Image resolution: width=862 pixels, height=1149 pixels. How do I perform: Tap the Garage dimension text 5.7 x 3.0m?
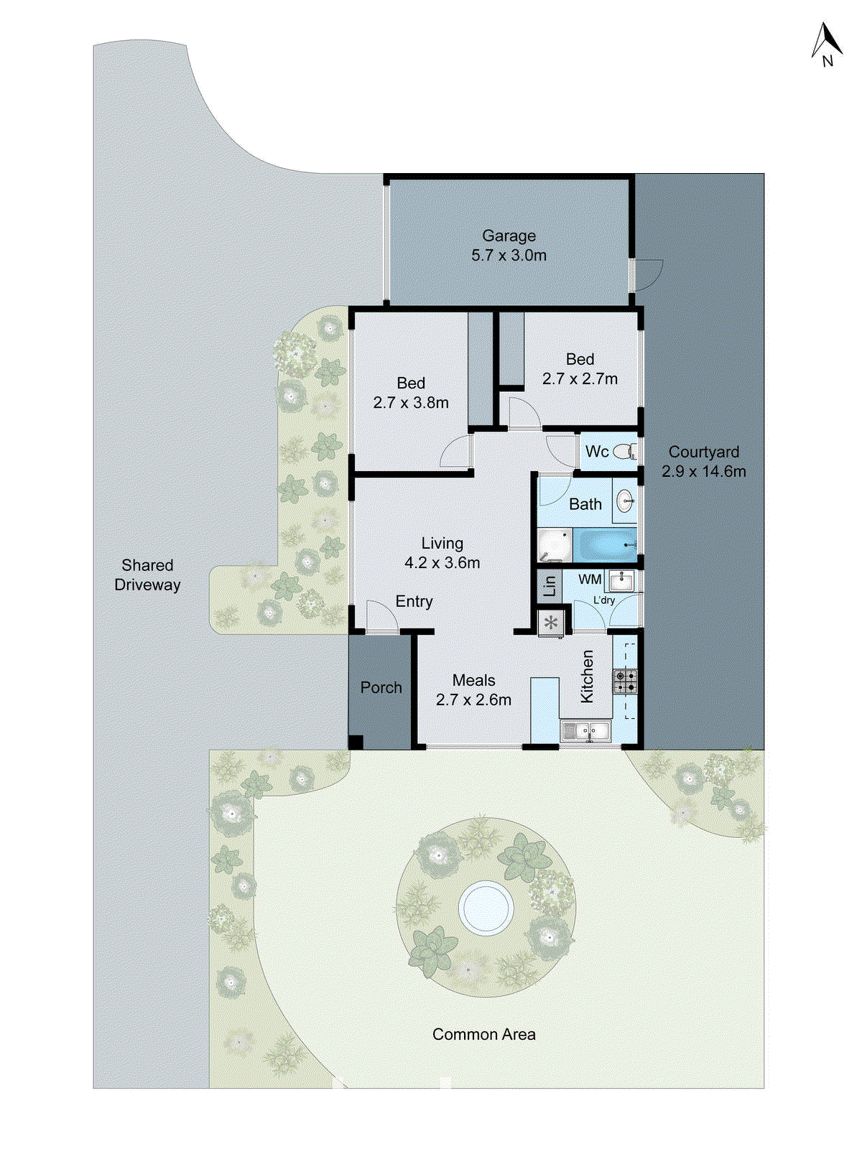pos(509,256)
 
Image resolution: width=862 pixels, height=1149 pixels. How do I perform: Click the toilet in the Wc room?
pos(626,452)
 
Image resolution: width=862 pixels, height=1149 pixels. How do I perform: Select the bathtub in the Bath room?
pos(606,546)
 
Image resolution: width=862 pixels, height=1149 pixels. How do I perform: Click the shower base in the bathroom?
pos(554,546)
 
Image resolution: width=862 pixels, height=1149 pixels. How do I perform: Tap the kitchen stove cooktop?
pos(625,681)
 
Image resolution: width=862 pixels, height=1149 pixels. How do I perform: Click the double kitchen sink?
pos(586,732)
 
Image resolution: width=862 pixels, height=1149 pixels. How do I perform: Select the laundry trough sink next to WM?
pos(621,580)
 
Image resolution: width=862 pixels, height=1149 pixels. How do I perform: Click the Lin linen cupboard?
pos(550,585)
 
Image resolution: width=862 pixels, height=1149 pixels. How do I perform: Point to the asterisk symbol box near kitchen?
pos(551,623)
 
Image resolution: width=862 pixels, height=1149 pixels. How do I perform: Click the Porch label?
pos(381,687)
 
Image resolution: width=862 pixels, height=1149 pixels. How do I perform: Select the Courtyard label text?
pos(703,452)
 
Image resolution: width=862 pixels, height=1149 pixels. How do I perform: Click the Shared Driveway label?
pos(147,574)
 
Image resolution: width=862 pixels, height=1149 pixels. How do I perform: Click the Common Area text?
pos(483,1034)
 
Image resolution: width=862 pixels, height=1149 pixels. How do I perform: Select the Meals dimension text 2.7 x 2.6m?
pos(473,699)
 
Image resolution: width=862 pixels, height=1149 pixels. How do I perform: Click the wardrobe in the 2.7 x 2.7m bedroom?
pos(511,350)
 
